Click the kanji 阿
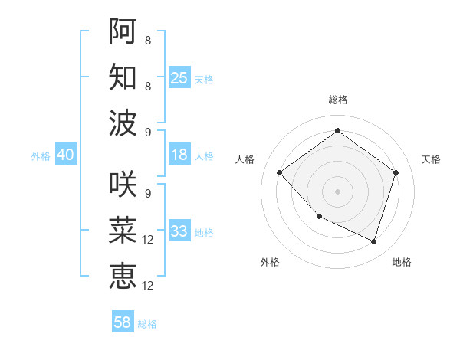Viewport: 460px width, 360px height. click(x=123, y=30)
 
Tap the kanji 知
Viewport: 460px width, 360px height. click(x=123, y=77)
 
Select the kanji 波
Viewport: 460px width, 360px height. click(x=123, y=123)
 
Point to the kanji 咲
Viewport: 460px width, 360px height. click(x=123, y=183)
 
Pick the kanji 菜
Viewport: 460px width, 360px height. click(x=123, y=230)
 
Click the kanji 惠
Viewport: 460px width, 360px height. click(x=123, y=276)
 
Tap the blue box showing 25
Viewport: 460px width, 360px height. click(x=179, y=77)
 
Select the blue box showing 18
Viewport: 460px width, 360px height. click(x=179, y=155)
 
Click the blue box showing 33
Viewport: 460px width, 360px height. click(x=179, y=231)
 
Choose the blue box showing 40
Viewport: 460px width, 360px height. click(x=65, y=155)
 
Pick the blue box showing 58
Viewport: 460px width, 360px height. click(x=123, y=322)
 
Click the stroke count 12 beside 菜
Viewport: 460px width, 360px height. click(x=148, y=240)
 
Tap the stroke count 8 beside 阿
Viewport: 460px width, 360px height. click(x=147, y=39)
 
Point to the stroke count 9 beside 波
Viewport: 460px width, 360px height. click(x=147, y=133)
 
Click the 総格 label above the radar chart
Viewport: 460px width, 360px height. click(x=337, y=100)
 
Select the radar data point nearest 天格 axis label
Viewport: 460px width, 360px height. click(x=396, y=172)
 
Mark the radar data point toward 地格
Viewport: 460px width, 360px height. click(x=373, y=241)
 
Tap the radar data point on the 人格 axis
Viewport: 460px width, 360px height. click(x=280, y=172)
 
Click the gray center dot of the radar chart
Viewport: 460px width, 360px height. click(x=337, y=191)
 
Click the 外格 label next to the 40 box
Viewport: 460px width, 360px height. click(x=41, y=155)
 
